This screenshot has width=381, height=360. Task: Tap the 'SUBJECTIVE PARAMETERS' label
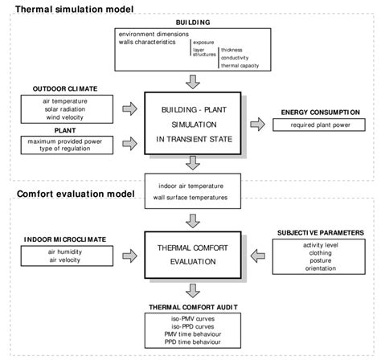321,231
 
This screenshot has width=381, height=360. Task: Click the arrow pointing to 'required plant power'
257,125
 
